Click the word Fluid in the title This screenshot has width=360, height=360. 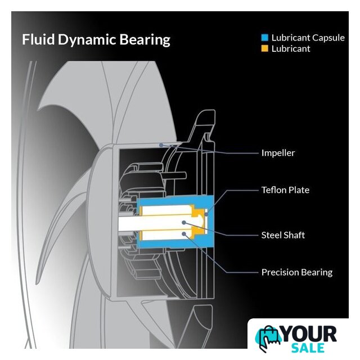pyautogui.click(x=36, y=40)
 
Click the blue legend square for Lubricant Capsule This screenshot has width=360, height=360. pyautogui.click(x=264, y=38)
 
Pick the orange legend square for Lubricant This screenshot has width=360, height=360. pyautogui.click(x=264, y=49)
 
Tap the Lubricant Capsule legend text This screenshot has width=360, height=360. pyautogui.click(x=308, y=38)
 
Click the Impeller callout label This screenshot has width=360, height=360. pyautogui.click(x=278, y=153)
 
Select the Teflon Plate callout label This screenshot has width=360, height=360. pyautogui.click(x=285, y=190)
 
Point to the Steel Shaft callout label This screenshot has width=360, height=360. pyautogui.click(x=283, y=235)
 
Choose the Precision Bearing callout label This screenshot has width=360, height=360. pyautogui.click(x=296, y=272)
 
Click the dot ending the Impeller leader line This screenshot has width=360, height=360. pyautogui.click(x=161, y=145)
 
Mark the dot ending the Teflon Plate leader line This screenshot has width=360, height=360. pyautogui.click(x=206, y=213)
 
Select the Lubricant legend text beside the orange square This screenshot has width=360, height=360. pyautogui.click(x=291, y=49)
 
